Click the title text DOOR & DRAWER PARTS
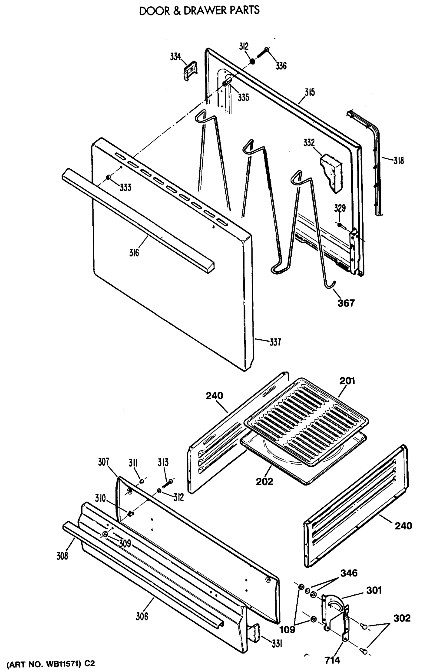199,11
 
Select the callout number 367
346,303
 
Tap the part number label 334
175,57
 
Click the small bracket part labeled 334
190,70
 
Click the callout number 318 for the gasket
399,161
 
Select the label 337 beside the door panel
275,342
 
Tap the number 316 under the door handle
134,253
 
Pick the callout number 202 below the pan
264,481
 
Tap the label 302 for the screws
402,618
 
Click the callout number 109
287,630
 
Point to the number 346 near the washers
349,573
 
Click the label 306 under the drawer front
142,616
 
